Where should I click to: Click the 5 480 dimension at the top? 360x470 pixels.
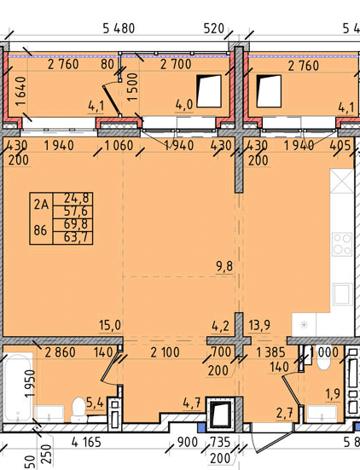point(119,29)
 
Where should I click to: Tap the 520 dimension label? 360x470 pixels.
point(214,29)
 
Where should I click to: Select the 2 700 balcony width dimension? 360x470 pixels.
point(176,65)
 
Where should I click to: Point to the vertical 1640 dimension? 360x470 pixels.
point(22,91)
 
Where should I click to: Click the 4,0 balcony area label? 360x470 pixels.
point(184,105)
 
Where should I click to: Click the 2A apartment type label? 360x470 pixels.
point(41,205)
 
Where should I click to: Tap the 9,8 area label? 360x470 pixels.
point(224,266)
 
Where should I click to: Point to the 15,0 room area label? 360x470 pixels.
point(110,325)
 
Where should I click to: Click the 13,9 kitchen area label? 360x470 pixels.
point(259,325)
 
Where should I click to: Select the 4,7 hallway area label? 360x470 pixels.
point(192,403)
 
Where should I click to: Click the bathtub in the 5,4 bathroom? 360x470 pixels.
point(18,387)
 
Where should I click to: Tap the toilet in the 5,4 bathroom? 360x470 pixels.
point(78,409)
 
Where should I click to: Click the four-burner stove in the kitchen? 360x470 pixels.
point(342,244)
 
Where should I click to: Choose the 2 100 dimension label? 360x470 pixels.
point(165,352)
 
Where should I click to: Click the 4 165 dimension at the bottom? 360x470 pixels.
point(87,443)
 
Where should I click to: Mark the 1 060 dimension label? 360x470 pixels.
point(119,146)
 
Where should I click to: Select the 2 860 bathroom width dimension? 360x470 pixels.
point(60,352)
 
